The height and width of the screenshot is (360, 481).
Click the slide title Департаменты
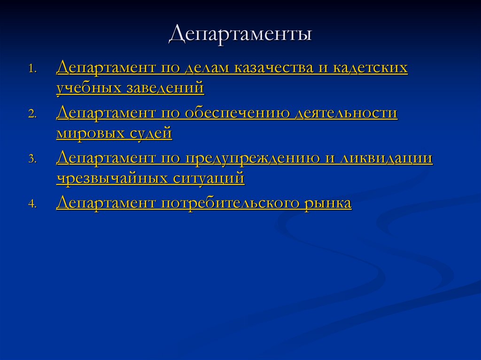[240, 36]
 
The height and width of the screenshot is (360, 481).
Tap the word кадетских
[370, 68]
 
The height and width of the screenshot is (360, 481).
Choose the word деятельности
[346, 114]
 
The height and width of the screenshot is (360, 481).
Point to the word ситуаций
[209, 178]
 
